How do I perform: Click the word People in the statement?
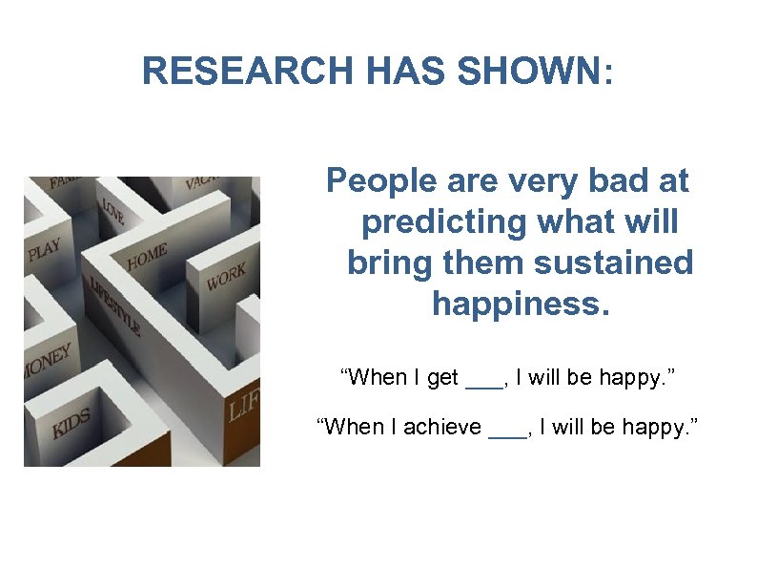(x=374, y=180)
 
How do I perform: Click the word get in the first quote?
(x=442, y=378)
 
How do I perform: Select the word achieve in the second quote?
(x=442, y=427)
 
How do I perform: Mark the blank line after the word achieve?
(x=505, y=433)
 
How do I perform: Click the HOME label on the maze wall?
(x=147, y=257)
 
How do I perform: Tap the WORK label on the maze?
(x=225, y=277)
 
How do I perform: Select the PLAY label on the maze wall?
(x=44, y=251)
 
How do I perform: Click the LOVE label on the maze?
(x=113, y=212)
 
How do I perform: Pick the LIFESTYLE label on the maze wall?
(x=115, y=305)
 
